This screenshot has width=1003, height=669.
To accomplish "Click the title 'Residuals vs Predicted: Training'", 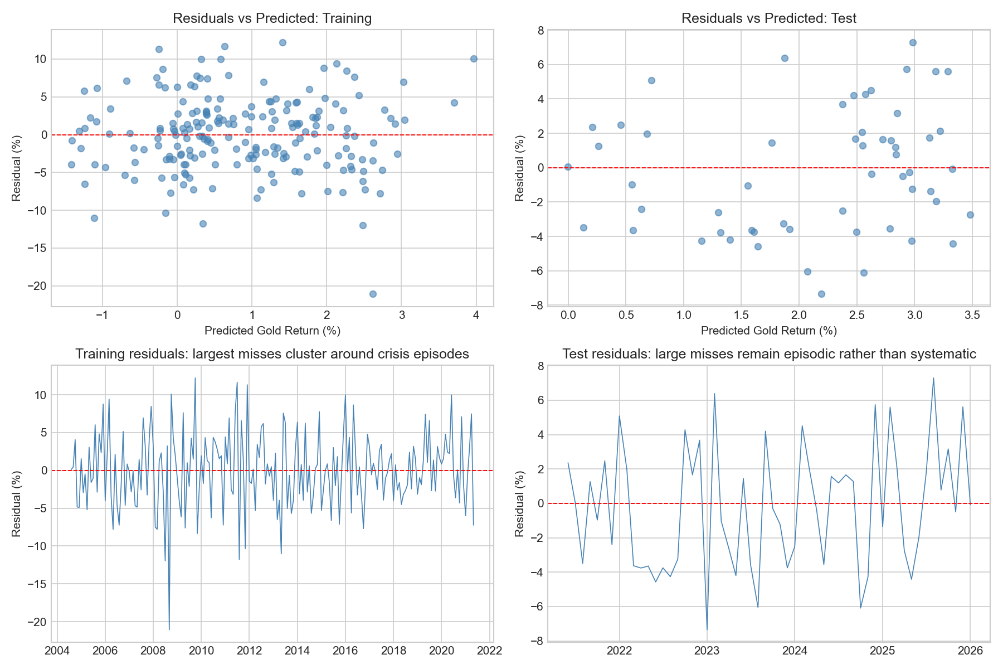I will (x=272, y=18).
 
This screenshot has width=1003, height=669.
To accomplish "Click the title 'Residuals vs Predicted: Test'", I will (x=769, y=18).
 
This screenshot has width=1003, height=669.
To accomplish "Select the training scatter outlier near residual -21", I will (x=373, y=294).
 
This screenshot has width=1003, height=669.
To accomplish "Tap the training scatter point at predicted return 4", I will (x=474, y=59).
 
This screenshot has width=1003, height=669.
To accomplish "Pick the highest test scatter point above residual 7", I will (x=913, y=42).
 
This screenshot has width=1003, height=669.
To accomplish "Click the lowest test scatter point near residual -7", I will (x=821, y=294).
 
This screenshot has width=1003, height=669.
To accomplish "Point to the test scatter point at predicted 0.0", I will (x=568, y=167).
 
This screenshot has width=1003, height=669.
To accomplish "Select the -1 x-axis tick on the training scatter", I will (x=102, y=315).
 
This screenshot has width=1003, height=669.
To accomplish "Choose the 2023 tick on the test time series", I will (x=707, y=651).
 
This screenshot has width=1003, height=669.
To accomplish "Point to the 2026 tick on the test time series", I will (x=970, y=651).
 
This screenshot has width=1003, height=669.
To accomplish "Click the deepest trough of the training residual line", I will (x=169, y=629).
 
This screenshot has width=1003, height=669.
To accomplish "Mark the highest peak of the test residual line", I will (x=933, y=379).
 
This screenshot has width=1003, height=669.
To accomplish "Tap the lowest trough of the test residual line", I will (x=707, y=629).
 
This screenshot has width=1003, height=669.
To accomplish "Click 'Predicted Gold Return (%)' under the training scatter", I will (x=272, y=331).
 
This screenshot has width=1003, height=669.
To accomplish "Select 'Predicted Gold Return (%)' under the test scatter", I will (x=769, y=331).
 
